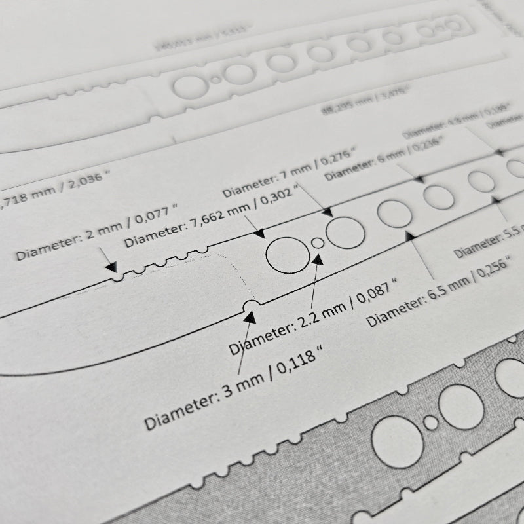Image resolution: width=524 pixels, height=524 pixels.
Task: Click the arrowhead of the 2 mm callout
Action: (112, 269)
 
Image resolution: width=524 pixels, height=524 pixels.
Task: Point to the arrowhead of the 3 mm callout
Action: (250, 317)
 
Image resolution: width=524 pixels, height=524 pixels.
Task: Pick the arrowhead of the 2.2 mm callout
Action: (318, 258)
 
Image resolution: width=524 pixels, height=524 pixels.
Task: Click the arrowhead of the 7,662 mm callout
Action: (259, 232)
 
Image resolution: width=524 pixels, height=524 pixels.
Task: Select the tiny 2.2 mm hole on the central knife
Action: (318, 242)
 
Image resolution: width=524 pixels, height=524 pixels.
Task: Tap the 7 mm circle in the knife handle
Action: (345, 232)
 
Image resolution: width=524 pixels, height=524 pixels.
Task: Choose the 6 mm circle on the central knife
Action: (437, 195)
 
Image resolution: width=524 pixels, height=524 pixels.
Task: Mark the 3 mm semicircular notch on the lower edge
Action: (250, 305)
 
